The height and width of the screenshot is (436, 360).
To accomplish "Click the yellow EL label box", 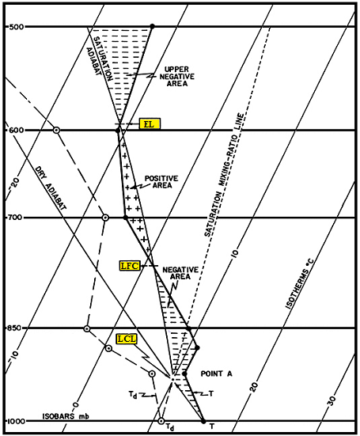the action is click(150, 123).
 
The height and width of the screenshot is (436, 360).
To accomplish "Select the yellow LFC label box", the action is click(130, 266).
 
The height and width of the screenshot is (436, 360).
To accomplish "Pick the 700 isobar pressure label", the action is click(14, 217).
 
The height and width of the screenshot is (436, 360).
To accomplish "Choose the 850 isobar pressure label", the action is click(14, 328).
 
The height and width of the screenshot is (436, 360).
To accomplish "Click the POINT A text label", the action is click(216, 373).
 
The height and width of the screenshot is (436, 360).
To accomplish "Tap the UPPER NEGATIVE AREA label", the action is click(176, 77).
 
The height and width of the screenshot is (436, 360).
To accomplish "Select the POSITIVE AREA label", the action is click(161, 182).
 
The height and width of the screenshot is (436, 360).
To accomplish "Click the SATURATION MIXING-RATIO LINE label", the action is click(224, 175).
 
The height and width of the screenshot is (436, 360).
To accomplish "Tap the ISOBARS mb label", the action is click(66, 416).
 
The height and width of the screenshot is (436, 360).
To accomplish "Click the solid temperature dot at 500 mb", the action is click(152, 26).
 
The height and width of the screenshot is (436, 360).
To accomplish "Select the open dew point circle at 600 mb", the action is click(56, 130).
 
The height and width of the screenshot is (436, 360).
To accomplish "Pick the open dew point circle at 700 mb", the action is click(105, 218).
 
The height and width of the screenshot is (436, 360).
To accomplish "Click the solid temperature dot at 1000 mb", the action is click(203, 421).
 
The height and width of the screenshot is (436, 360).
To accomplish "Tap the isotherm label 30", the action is click(332, 400).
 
